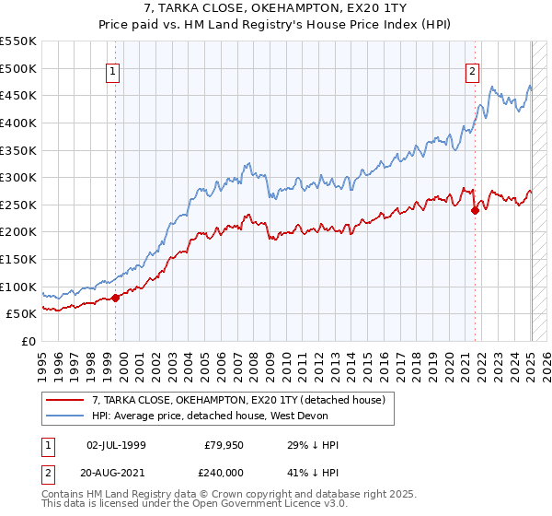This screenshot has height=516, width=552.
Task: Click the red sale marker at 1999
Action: click(116, 298)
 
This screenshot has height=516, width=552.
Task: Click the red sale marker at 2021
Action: click(475, 210)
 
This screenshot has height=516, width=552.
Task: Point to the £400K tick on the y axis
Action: click(19, 123)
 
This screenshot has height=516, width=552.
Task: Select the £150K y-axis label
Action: click(19, 259)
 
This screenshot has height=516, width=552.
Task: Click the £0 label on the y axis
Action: click(29, 341)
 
